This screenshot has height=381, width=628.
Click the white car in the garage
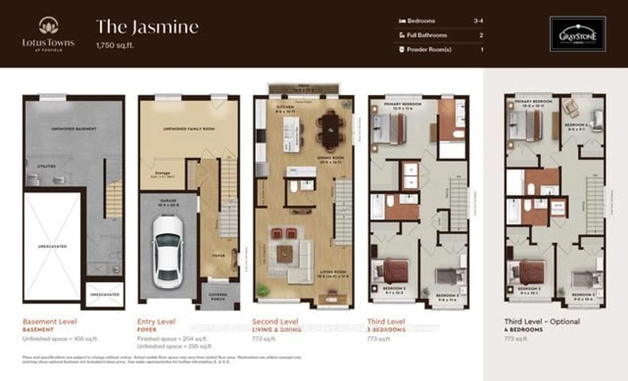point(167,252)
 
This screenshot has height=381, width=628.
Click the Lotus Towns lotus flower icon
point(48,26)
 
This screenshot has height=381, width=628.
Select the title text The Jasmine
point(147,27)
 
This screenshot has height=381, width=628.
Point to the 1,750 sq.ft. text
point(115,46)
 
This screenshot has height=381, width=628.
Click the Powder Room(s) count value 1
point(482,49)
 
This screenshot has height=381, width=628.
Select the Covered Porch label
point(218,297)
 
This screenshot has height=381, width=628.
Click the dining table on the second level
point(331,130)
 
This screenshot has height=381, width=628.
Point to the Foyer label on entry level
point(219,255)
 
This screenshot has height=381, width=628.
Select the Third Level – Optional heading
point(542,322)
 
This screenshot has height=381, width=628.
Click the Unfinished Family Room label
point(189,129)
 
